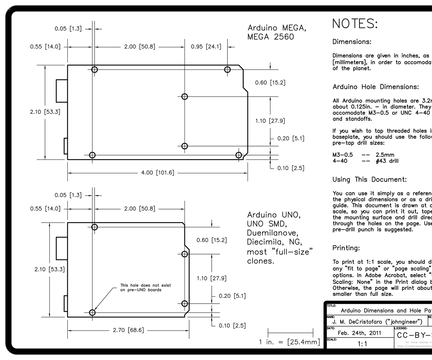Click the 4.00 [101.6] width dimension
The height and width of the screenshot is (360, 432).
(x=158, y=173)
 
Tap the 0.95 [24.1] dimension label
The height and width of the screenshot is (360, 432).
(x=206, y=46)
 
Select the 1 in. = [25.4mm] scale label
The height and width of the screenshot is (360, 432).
(x=289, y=342)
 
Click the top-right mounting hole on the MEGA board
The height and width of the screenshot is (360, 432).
(x=227, y=70)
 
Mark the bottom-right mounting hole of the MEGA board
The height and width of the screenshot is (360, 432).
(x=238, y=155)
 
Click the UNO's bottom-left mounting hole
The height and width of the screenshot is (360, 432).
(x=92, y=312)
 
